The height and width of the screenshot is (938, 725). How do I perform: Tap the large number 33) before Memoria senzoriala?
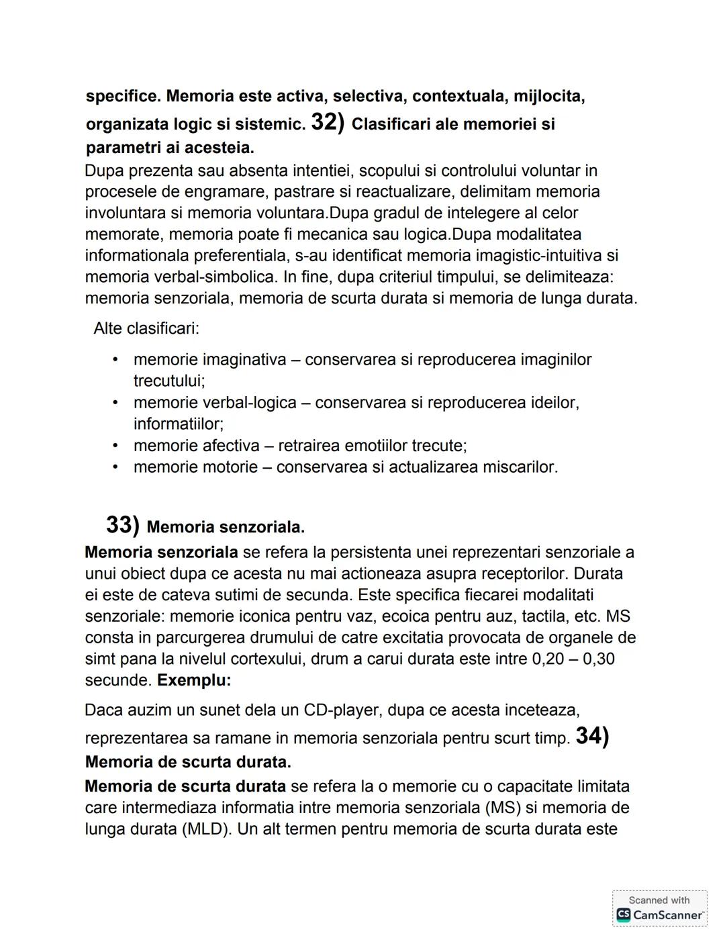(x=122, y=524)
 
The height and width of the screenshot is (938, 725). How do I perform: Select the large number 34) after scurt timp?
(x=592, y=736)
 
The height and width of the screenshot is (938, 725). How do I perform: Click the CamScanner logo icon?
(x=624, y=914)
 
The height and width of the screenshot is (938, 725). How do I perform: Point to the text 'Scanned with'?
(x=659, y=900)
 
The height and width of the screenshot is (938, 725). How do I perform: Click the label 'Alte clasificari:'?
(x=146, y=328)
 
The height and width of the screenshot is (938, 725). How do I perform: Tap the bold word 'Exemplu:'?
(x=194, y=680)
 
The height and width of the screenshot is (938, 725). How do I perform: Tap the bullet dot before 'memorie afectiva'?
(x=115, y=445)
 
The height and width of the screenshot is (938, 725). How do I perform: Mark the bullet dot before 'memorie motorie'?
(x=115, y=467)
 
